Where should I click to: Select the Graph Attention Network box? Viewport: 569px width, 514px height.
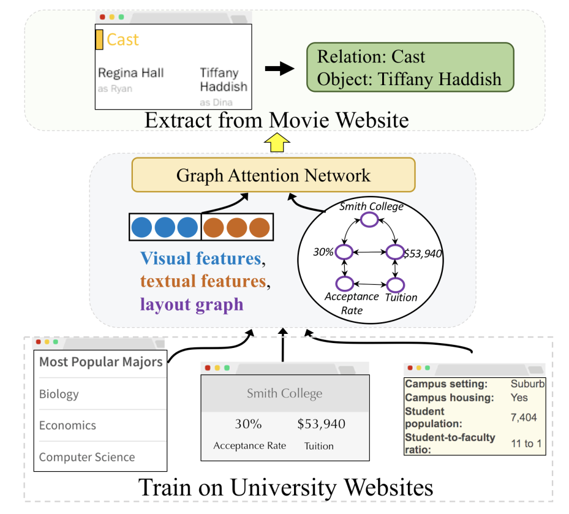click(x=273, y=175)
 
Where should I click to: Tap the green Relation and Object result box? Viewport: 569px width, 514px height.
click(x=410, y=67)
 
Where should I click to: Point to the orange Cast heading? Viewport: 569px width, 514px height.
click(x=122, y=40)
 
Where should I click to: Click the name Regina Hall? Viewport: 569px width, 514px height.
click(x=131, y=73)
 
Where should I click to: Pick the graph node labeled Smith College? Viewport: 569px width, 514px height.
click(x=370, y=219)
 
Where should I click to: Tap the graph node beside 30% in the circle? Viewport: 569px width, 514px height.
click(x=344, y=252)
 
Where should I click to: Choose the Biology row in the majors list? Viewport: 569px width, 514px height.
click(x=59, y=394)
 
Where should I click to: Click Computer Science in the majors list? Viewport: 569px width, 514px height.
click(x=87, y=457)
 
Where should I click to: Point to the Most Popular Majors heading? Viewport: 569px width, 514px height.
click(x=101, y=361)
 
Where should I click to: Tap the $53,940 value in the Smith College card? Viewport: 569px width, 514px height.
click(x=321, y=424)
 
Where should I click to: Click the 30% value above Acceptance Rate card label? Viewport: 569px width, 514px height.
click(x=248, y=424)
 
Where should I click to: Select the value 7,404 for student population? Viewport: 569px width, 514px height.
click(x=524, y=418)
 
